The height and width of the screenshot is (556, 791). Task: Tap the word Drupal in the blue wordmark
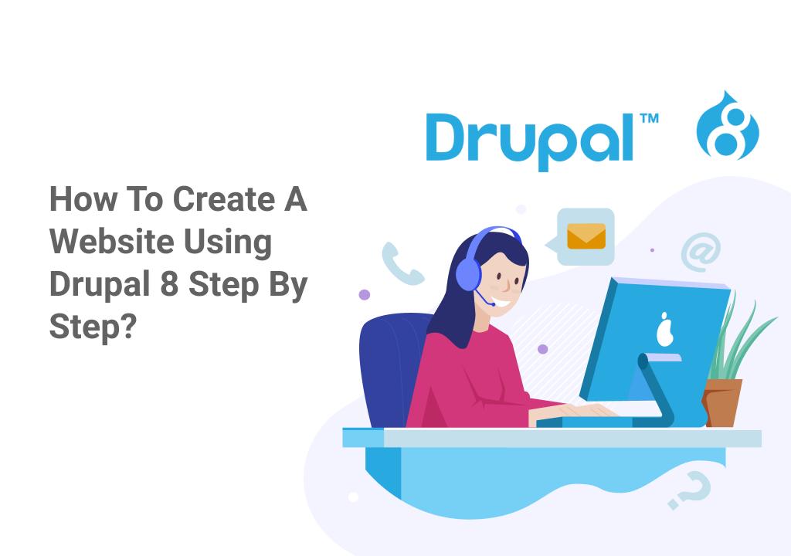(x=531, y=139)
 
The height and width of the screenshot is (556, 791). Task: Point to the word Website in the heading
(x=111, y=242)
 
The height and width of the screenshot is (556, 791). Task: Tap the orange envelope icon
(x=586, y=236)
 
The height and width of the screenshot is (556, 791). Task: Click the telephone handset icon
(x=402, y=263)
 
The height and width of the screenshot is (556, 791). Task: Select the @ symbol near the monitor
(x=701, y=252)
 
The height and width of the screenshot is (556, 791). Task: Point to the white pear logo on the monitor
(x=662, y=331)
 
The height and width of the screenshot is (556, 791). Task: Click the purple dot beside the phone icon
(x=365, y=295)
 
